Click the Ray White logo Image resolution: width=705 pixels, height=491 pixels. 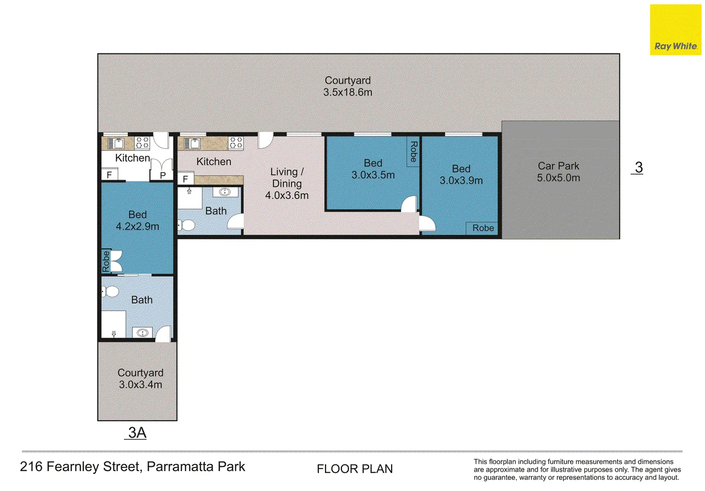pyautogui.click(x=676, y=30)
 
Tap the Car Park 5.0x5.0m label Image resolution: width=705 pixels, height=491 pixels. pyautogui.click(x=558, y=172)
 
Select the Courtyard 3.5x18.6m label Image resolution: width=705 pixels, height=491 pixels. pyautogui.click(x=348, y=86)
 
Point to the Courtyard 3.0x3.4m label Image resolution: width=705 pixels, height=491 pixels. pyautogui.click(x=140, y=378)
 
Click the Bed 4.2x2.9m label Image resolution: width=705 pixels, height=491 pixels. pyautogui.click(x=138, y=220)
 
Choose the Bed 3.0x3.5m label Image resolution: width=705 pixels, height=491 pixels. pyautogui.click(x=373, y=169)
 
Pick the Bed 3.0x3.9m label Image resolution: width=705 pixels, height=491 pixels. pyautogui.click(x=461, y=174)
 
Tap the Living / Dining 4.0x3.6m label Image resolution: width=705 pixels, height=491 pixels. pyautogui.click(x=287, y=183)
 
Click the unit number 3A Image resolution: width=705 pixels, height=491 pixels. pyautogui.click(x=137, y=433)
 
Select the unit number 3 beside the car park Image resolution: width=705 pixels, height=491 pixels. pyautogui.click(x=638, y=167)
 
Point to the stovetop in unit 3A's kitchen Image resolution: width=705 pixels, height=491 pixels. pyautogui.click(x=142, y=143)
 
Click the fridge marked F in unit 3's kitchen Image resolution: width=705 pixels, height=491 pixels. pyautogui.click(x=186, y=179)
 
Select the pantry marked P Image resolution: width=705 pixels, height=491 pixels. pyautogui.click(x=162, y=175)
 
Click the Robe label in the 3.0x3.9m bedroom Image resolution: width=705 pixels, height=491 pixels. pyautogui.click(x=483, y=228)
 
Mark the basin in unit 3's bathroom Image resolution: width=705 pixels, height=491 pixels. pyautogui.click(x=225, y=192)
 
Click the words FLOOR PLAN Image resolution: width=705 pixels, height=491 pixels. pyautogui.click(x=355, y=468)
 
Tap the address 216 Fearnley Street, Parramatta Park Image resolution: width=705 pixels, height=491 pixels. pyautogui.click(x=132, y=466)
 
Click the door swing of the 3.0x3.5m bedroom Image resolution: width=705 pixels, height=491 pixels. pyautogui.click(x=409, y=204)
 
